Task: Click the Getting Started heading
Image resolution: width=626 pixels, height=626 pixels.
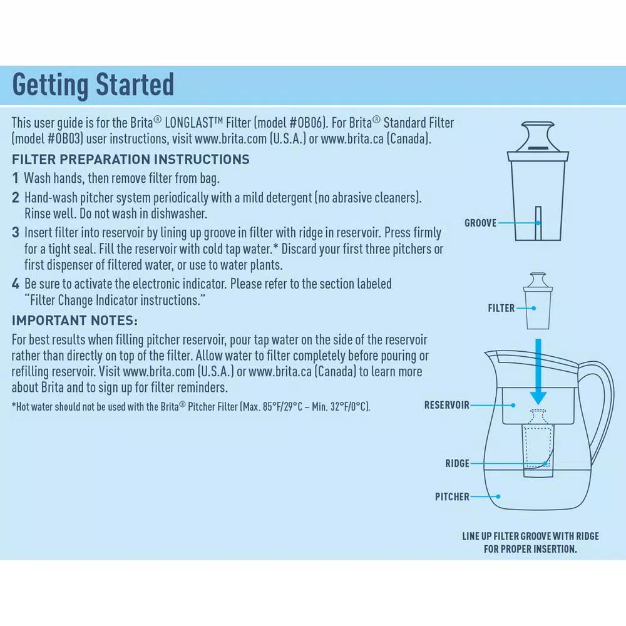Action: pyautogui.click(x=93, y=85)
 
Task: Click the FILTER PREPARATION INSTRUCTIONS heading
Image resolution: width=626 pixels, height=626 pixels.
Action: pyautogui.click(x=130, y=159)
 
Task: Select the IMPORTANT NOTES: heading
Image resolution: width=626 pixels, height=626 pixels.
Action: pyautogui.click(x=74, y=321)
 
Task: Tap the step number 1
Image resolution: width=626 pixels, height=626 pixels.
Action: pyautogui.click(x=16, y=178)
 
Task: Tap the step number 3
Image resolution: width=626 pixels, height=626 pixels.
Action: pyautogui.click(x=16, y=233)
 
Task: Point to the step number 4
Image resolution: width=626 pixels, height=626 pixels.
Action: pyautogui.click(x=16, y=284)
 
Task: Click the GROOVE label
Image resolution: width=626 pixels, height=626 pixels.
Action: pyautogui.click(x=480, y=223)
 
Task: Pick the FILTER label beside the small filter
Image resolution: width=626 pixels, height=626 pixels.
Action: pyautogui.click(x=501, y=308)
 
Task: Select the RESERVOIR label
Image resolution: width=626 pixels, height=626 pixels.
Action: pyautogui.click(x=446, y=405)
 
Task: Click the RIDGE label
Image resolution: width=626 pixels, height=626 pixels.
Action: pyautogui.click(x=457, y=464)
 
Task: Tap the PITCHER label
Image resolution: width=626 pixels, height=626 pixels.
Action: pyautogui.click(x=452, y=497)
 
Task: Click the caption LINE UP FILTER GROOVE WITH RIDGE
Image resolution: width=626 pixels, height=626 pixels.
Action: pyautogui.click(x=530, y=536)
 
